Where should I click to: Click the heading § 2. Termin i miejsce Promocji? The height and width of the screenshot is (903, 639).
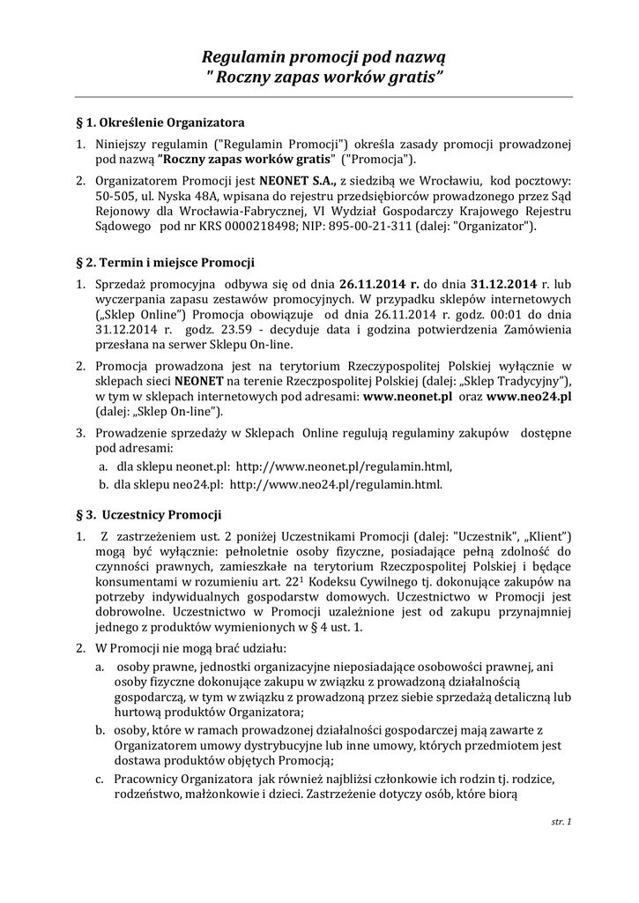(167, 263)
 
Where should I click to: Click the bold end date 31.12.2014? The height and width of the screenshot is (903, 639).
(503, 284)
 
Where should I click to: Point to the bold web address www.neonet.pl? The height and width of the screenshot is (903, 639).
(408, 397)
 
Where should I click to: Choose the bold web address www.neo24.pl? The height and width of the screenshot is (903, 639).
(529, 397)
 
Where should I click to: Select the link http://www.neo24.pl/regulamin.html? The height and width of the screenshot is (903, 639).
(335, 484)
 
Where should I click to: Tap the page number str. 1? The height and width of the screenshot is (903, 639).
(561, 822)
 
